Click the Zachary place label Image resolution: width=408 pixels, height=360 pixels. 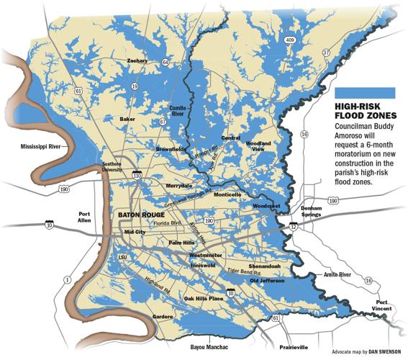click(137, 61)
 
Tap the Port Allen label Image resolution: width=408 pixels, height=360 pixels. click(86, 217)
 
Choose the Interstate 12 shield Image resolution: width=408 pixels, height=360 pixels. click(294, 227)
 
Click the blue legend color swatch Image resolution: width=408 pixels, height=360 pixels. click(366, 91)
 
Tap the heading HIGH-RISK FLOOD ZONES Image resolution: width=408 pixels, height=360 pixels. click(366, 111)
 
